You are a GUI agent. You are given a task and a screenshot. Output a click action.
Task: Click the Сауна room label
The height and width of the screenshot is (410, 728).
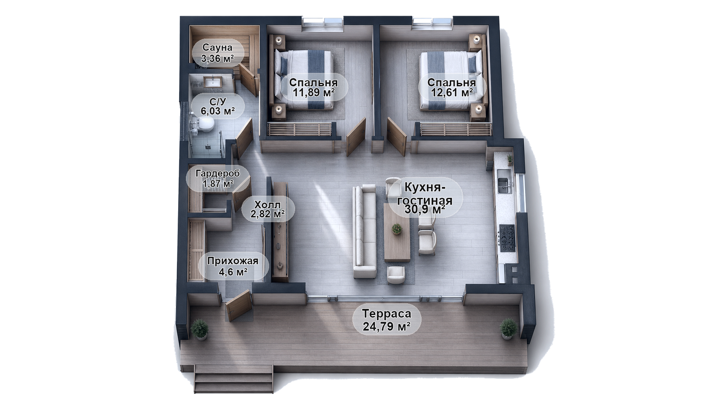(x=218, y=48)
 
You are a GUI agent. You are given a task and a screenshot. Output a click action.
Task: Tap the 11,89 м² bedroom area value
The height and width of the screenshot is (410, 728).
(x=314, y=93)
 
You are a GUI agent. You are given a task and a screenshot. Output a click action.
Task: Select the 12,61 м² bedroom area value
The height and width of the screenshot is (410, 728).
(x=452, y=93)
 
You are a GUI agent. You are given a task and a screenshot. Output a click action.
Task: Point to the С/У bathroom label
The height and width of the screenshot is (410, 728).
(x=218, y=101)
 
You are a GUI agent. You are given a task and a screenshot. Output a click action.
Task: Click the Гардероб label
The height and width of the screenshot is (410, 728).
(x=218, y=174)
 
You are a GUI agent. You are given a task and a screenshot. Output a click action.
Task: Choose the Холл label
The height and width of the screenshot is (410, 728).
(x=267, y=205)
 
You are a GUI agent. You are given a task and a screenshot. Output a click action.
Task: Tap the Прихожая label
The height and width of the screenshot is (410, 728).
(x=233, y=261)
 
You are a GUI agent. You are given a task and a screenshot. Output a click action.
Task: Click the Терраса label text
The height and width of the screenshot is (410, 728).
(x=387, y=314)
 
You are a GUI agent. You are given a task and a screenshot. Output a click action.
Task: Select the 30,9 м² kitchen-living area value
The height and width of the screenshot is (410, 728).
(x=425, y=210)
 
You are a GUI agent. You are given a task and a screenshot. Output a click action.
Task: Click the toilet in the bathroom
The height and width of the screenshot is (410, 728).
(x=204, y=125)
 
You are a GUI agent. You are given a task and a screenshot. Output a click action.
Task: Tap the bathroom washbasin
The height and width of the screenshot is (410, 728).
(x=213, y=82)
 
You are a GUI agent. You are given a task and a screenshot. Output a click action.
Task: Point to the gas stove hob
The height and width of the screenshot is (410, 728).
(x=507, y=238)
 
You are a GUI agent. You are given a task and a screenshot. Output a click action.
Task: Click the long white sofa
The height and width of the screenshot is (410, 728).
(x=365, y=231)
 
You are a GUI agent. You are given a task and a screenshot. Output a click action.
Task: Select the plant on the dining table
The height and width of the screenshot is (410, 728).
(x=396, y=229)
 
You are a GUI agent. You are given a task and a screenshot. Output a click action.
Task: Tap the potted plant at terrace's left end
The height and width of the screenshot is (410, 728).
(x=200, y=330)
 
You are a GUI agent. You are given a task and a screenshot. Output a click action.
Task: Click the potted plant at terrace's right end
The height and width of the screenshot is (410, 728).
(x=508, y=329)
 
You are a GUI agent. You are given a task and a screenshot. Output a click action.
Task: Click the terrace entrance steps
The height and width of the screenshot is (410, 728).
(x=233, y=379)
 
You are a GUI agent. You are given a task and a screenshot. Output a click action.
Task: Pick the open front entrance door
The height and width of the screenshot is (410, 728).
(x=239, y=306)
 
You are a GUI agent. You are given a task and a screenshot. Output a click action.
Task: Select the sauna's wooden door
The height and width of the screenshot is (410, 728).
(x=248, y=79)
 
